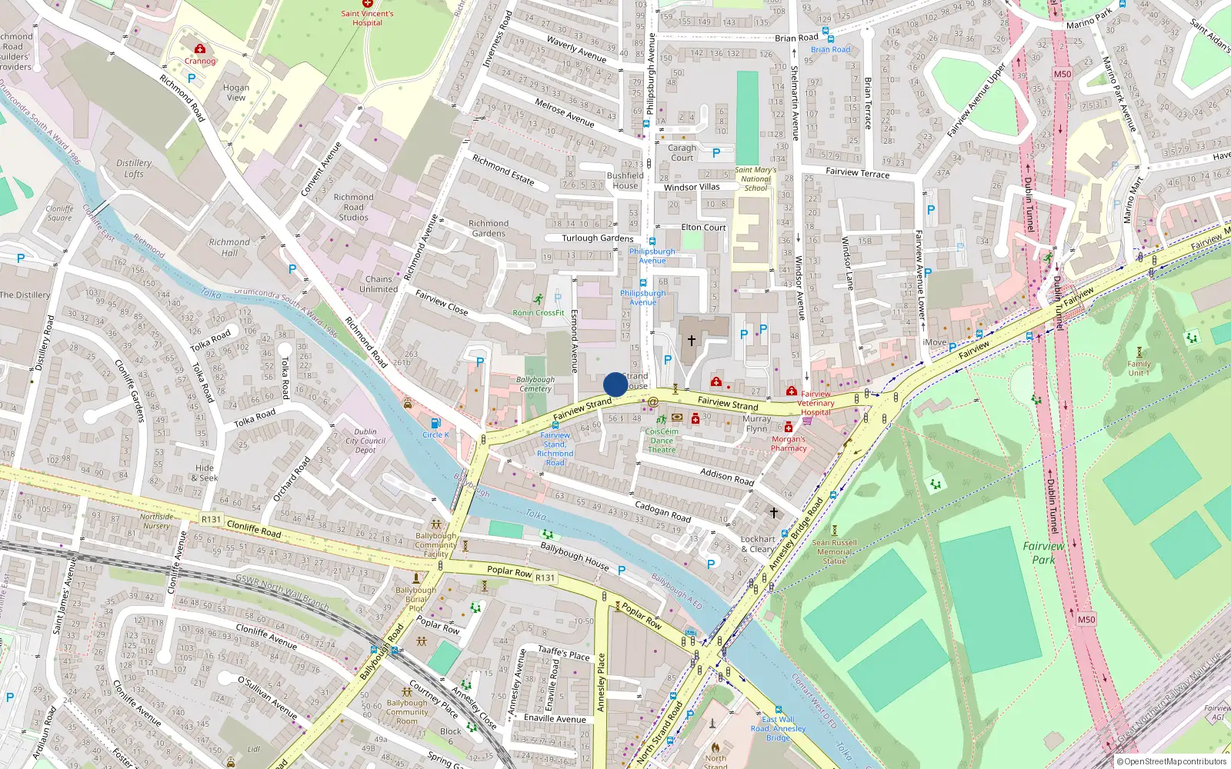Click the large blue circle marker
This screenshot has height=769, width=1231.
point(615,384)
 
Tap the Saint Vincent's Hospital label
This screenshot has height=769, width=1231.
point(367,18)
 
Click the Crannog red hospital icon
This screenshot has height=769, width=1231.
point(200,49)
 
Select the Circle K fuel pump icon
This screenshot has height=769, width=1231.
point(435,423)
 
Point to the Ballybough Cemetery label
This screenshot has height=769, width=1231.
point(535,384)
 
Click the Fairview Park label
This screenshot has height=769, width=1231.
point(1043,552)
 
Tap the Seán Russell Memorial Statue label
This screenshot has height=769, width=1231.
point(834,551)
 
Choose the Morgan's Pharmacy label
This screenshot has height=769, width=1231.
point(789,444)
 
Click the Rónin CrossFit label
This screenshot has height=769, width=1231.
point(539,312)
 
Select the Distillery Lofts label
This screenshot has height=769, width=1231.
point(134,168)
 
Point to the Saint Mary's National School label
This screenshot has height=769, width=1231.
point(756,178)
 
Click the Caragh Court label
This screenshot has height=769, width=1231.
point(682,152)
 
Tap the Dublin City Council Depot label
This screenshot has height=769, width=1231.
point(365,441)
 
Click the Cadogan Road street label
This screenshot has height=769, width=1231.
point(662,511)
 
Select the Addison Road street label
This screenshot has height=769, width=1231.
point(727,477)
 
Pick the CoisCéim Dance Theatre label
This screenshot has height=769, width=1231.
point(662,440)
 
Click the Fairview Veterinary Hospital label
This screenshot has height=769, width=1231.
point(816,403)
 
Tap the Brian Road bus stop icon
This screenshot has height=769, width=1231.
point(826,32)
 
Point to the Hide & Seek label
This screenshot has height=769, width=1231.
point(205,472)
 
